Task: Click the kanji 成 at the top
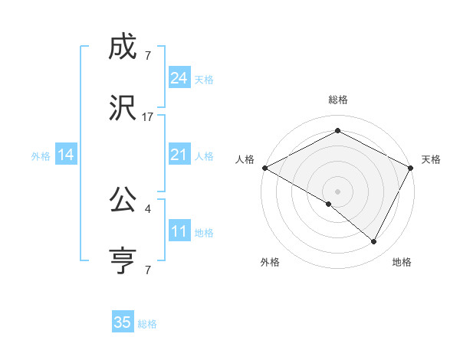point(123,48)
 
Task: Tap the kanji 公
point(123,201)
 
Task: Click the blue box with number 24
point(179,78)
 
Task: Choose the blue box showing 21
point(179,155)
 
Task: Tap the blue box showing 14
point(66,155)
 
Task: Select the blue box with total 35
point(123,322)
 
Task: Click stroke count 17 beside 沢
point(148,117)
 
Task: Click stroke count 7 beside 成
point(148,56)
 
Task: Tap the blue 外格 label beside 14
point(41,155)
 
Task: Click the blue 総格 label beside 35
point(147,323)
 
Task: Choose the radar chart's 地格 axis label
point(402,262)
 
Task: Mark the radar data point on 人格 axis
point(264,167)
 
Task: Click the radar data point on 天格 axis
point(411,167)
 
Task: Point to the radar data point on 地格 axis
point(374,241)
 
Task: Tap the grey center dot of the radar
point(337,191)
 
